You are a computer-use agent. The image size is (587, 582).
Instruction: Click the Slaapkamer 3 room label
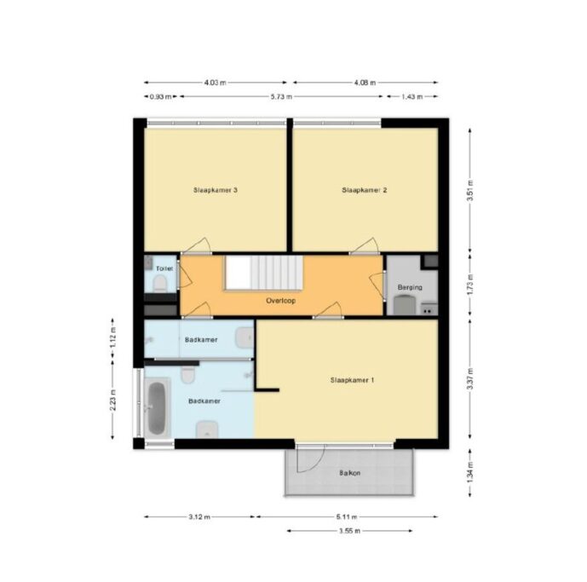coord(216,190)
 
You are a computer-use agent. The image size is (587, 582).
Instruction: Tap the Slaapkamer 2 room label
coord(365,190)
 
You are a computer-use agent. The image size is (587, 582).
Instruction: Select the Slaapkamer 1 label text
coord(352,380)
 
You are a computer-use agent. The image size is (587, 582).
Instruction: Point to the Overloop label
coord(281,300)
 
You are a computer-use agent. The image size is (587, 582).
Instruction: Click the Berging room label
coord(410,287)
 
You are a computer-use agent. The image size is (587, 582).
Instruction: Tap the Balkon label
coord(349,473)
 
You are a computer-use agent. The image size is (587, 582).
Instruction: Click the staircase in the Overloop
coord(264,273)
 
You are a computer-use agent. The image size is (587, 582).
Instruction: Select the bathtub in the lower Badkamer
coord(157,408)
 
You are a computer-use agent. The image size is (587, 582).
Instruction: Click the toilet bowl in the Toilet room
coord(160,283)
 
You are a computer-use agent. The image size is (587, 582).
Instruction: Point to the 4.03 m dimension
coord(216,83)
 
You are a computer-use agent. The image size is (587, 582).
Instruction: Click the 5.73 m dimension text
coord(281,96)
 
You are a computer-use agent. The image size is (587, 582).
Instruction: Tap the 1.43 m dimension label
coord(411,96)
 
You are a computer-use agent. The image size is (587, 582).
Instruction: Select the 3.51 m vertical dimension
coord(470,190)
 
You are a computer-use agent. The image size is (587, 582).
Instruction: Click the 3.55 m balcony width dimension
coord(349,531)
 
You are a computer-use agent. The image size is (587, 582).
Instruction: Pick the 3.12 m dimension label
coord(199,517)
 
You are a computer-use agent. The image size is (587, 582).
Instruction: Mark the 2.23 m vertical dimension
coord(112,400)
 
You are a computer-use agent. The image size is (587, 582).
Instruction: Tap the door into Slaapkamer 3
coord(198,245)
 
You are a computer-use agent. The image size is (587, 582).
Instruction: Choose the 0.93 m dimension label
coord(161,96)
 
